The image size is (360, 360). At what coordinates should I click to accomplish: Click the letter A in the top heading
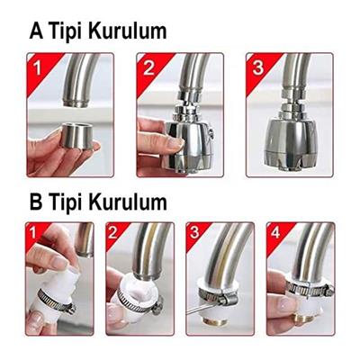(39, 31)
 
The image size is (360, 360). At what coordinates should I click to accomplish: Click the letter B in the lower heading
(39, 201)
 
